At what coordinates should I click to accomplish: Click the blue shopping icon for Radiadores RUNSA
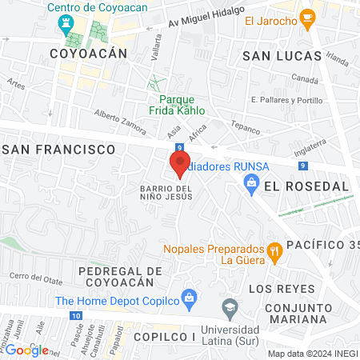[251, 184]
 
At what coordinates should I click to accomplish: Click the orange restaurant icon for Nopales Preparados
[274, 252]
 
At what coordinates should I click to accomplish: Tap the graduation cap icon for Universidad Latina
[230, 306]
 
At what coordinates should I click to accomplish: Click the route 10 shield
[74, 316]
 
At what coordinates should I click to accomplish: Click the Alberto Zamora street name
[120, 122]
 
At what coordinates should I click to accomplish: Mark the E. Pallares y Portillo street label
[286, 100]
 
